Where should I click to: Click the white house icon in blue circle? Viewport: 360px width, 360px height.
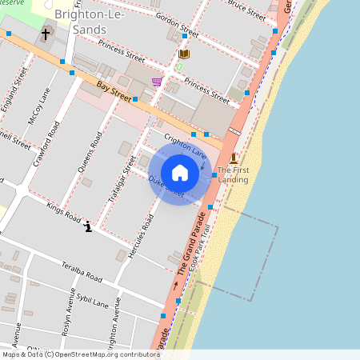pos(180,173)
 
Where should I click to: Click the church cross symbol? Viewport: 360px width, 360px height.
pos(46,34)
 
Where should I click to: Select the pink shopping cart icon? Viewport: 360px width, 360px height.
pos(157,82)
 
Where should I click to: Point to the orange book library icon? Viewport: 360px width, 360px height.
pos(185,54)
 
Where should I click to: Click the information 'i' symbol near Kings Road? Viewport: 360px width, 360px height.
pos(88,228)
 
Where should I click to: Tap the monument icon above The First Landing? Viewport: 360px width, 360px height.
pos(233,158)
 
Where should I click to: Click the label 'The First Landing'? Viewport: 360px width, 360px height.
pos(233,174)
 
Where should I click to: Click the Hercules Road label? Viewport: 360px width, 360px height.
pos(146,234)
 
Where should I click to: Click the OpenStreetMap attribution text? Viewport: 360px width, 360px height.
pos(80,354)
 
